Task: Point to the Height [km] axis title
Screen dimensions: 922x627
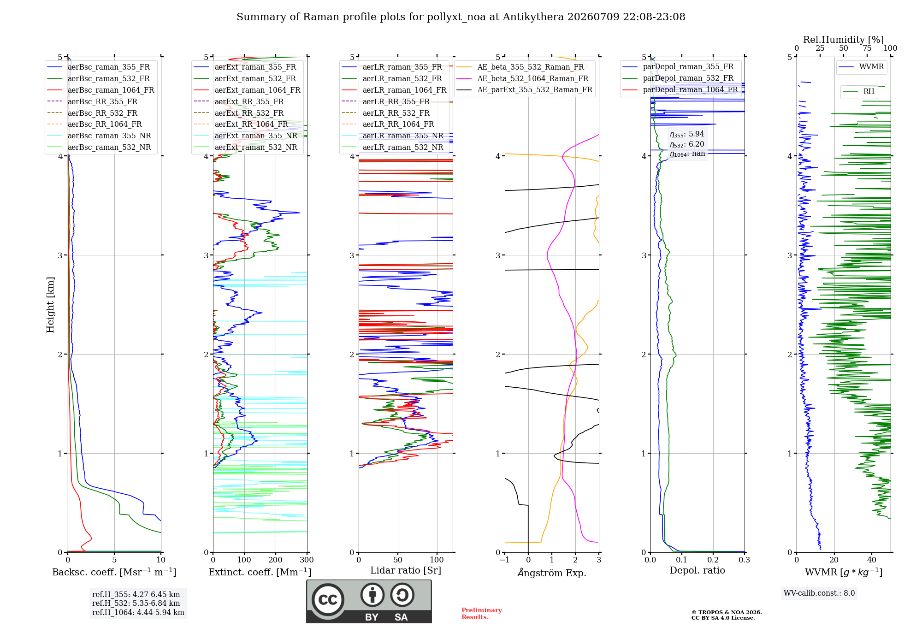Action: [50, 305]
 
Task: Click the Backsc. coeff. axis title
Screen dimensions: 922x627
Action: [114, 572]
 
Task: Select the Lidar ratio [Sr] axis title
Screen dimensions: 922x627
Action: [406, 570]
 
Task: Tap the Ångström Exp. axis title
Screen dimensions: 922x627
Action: [552, 573]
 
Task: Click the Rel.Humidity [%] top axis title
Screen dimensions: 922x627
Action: [843, 40]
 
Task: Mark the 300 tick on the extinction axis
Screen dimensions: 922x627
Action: [307, 560]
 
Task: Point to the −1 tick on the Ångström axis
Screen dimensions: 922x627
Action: [505, 560]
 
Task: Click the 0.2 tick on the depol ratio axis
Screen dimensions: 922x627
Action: [713, 560]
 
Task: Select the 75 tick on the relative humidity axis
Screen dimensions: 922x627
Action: [867, 48]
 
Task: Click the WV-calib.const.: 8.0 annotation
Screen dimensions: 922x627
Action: [819, 593]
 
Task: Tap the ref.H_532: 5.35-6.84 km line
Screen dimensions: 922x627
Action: [136, 603]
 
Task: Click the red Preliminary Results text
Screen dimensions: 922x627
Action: [482, 614]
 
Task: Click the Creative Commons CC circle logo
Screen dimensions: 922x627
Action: [328, 599]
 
